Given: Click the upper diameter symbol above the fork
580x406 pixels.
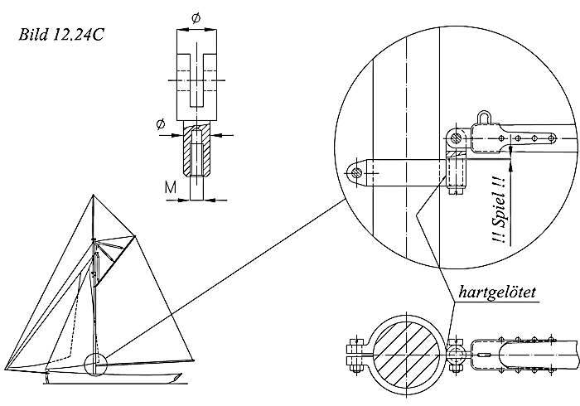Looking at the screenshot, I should click(x=196, y=17).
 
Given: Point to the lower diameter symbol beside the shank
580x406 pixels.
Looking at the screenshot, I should click(x=160, y=124).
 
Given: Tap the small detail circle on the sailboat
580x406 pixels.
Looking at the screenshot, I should click(x=96, y=363).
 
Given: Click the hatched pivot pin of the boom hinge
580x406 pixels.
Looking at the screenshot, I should click(x=455, y=135).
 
